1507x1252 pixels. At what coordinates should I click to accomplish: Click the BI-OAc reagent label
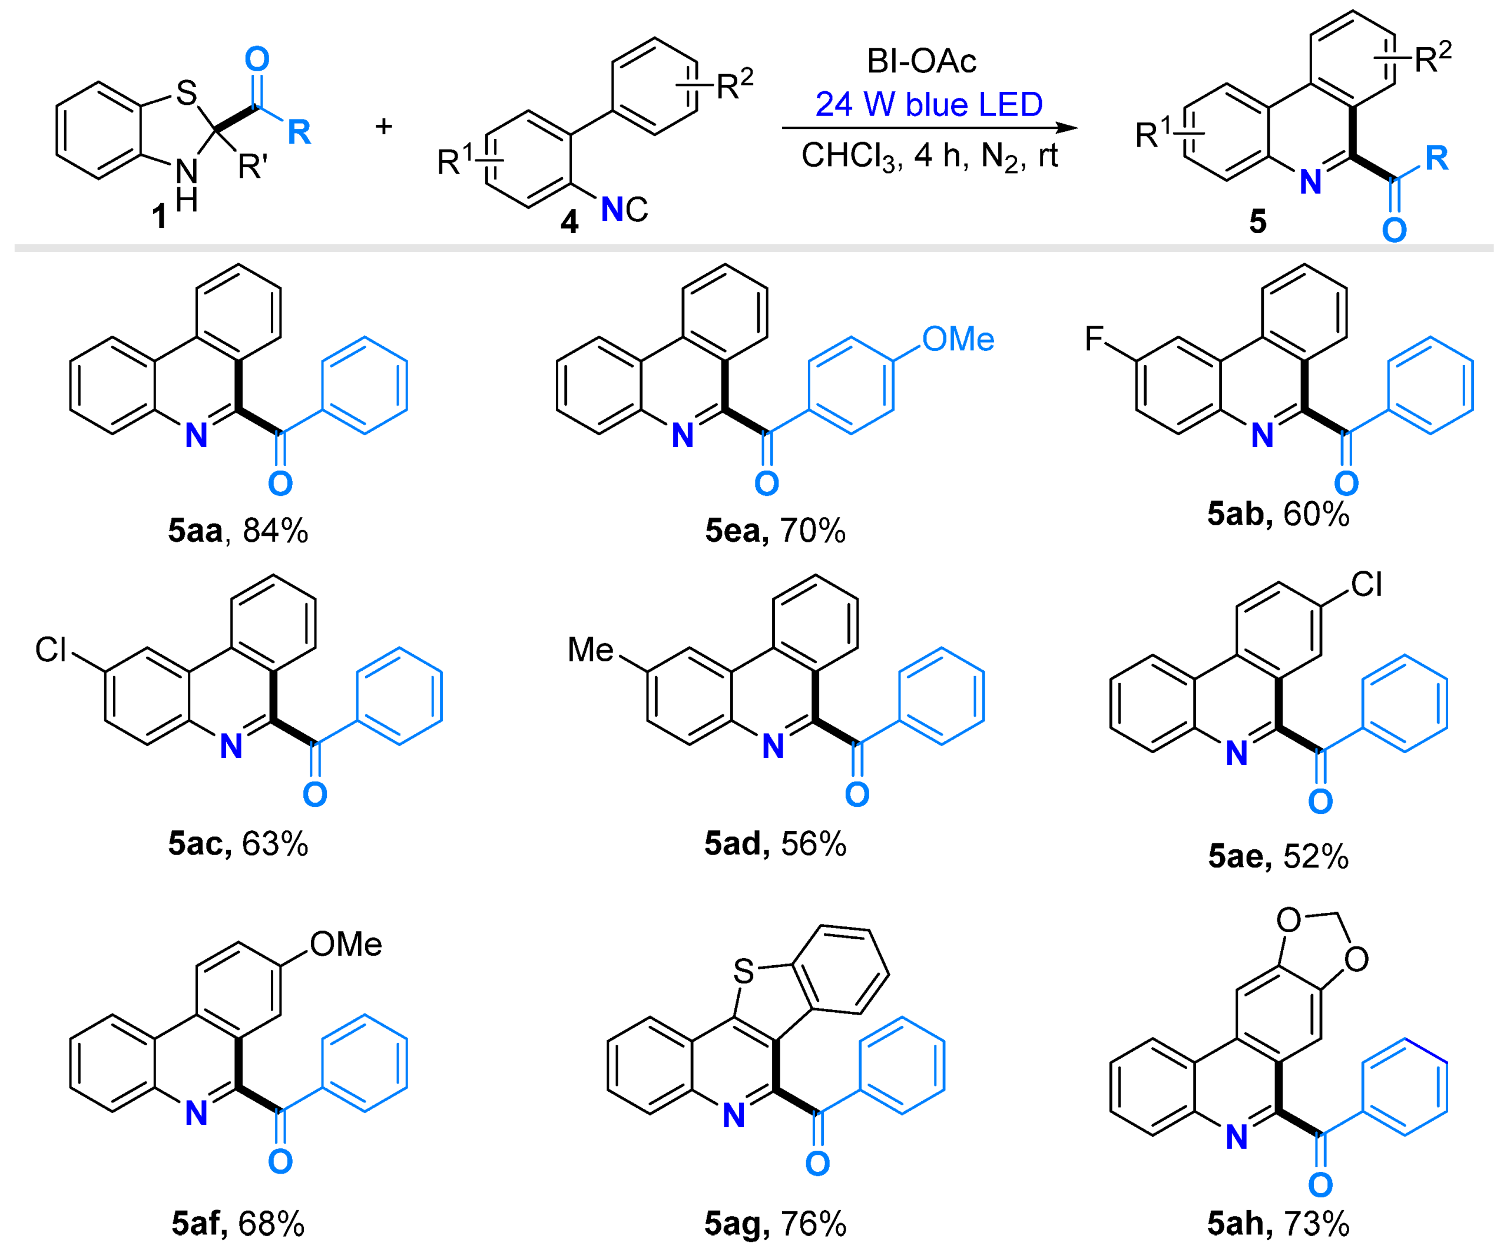(x=922, y=61)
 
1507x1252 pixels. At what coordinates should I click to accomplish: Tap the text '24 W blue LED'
(x=929, y=105)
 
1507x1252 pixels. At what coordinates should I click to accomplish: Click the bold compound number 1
(x=160, y=216)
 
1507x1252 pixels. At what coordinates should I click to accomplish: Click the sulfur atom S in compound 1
(x=187, y=93)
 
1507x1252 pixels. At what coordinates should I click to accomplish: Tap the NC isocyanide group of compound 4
(x=624, y=210)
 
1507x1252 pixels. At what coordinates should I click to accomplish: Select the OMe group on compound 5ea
(x=958, y=339)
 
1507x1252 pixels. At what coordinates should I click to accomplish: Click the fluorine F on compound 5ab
(x=1094, y=339)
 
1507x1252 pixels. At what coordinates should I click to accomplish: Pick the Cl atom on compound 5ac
(x=51, y=650)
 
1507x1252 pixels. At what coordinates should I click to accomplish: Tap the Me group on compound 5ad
(x=590, y=650)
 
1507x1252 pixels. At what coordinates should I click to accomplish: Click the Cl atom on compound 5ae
(x=1366, y=585)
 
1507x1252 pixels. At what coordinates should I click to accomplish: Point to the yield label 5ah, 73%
(x=1278, y=1223)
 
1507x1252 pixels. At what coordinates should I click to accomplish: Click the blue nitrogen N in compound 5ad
(x=773, y=747)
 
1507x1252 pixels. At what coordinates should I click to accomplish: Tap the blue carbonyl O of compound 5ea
(x=766, y=483)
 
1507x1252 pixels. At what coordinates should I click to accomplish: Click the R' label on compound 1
(x=253, y=167)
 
